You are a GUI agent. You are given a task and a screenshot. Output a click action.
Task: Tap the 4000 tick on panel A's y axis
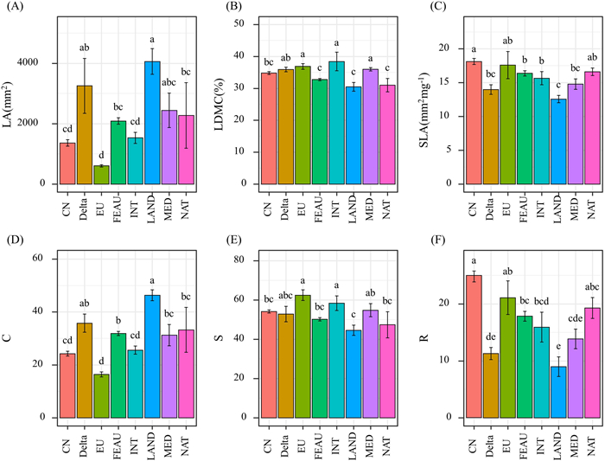tap(48, 63)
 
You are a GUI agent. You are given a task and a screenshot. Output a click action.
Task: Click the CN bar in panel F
tap(473, 346)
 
